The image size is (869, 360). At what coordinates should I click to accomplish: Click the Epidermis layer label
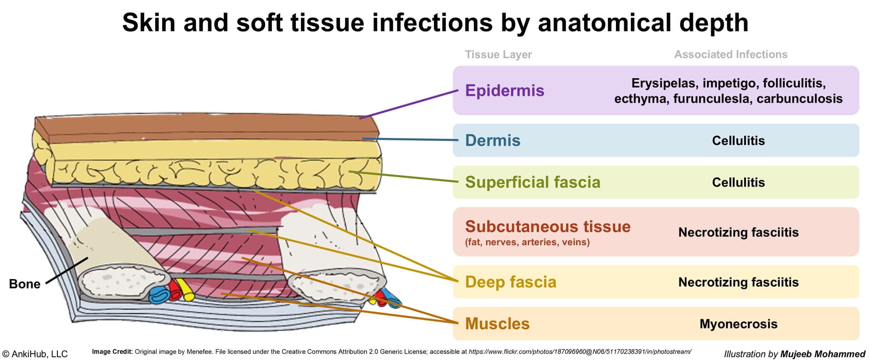click(505, 91)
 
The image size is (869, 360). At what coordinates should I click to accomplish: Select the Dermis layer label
click(493, 140)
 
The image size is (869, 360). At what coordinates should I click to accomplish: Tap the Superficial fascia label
click(533, 182)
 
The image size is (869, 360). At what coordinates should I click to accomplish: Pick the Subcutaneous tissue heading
click(548, 226)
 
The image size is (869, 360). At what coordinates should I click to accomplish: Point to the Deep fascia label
click(511, 282)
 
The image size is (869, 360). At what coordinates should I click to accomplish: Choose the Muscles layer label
click(497, 324)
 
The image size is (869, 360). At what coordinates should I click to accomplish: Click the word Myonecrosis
click(738, 324)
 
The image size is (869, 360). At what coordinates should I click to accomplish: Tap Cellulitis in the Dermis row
click(738, 140)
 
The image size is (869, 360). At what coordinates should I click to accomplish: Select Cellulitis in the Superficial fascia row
click(738, 182)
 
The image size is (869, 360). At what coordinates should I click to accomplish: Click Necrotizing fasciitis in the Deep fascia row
click(738, 282)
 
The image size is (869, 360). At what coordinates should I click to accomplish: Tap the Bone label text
click(25, 284)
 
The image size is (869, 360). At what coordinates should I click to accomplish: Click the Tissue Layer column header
click(498, 54)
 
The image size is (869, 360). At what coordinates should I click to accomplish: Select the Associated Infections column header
click(731, 54)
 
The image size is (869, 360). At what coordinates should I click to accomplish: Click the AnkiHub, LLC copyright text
click(35, 354)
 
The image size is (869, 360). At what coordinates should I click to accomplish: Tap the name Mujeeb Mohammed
click(822, 354)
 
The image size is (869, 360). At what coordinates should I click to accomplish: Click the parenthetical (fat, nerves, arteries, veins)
click(527, 242)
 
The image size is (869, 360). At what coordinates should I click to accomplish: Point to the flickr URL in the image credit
click(580, 352)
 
